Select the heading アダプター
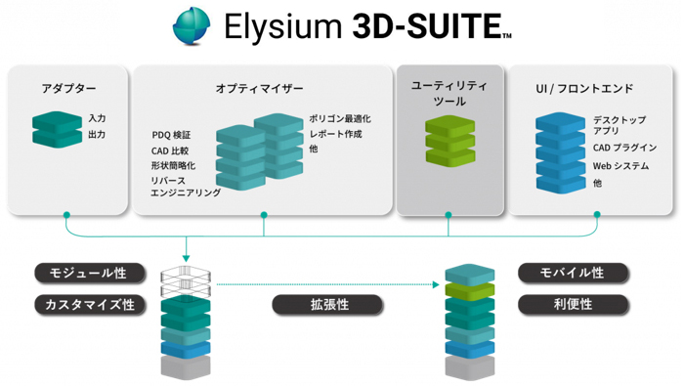(x=68, y=89)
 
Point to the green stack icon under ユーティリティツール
(x=449, y=141)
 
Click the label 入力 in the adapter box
(x=97, y=118)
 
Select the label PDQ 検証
(x=172, y=135)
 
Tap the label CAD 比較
(x=171, y=150)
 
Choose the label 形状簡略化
(x=173, y=166)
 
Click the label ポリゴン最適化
(x=339, y=119)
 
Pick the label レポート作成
(x=335, y=134)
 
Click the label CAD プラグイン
(x=624, y=148)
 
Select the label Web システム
(x=620, y=166)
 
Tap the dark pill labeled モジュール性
(x=89, y=273)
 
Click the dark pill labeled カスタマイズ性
(x=89, y=305)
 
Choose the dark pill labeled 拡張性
(x=329, y=305)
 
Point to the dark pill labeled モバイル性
(x=573, y=273)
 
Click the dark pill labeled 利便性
(x=573, y=305)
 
